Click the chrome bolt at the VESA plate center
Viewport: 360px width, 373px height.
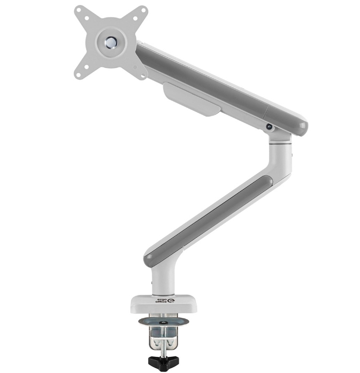111,42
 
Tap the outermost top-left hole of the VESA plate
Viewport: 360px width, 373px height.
79,11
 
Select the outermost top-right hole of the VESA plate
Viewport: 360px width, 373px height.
143,11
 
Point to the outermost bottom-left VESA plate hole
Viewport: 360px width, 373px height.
79,75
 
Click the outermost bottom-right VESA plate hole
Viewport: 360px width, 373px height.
143,76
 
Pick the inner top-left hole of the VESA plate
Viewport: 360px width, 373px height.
87,18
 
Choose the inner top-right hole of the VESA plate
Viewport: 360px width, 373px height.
135,18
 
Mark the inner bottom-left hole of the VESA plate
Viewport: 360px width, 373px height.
87,67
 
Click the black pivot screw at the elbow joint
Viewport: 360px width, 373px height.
270,127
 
